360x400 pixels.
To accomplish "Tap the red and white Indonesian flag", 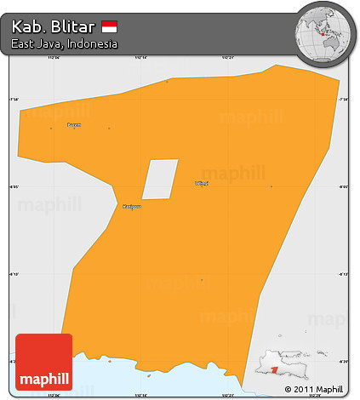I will (109, 26).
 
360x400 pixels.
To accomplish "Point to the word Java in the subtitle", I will (53, 43).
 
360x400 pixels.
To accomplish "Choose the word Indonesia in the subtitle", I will (94, 43).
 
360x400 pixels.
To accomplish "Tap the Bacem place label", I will (74, 125).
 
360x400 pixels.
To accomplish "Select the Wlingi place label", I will (202, 183).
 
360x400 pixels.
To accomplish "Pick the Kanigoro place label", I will (131, 206).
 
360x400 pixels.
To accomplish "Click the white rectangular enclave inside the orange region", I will (160, 180).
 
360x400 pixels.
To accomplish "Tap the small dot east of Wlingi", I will (271, 186).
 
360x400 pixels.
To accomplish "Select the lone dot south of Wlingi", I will (202, 279).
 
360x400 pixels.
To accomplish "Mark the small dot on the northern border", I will (167, 82).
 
